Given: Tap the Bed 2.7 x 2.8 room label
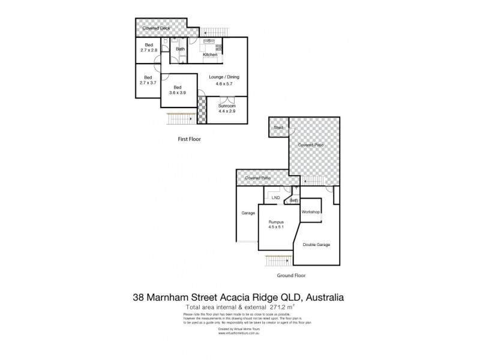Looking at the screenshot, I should (x=149, y=48).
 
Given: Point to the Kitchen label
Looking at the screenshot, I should (x=210, y=55).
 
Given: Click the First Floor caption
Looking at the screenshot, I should (x=190, y=139).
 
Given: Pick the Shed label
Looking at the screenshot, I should (x=278, y=128).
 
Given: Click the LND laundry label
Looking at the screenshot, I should (x=275, y=197).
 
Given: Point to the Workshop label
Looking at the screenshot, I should (x=311, y=212).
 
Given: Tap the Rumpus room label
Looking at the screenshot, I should (x=276, y=222).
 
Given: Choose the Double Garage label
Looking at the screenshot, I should (x=317, y=245).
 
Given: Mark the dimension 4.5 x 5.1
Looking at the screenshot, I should (x=276, y=228).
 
